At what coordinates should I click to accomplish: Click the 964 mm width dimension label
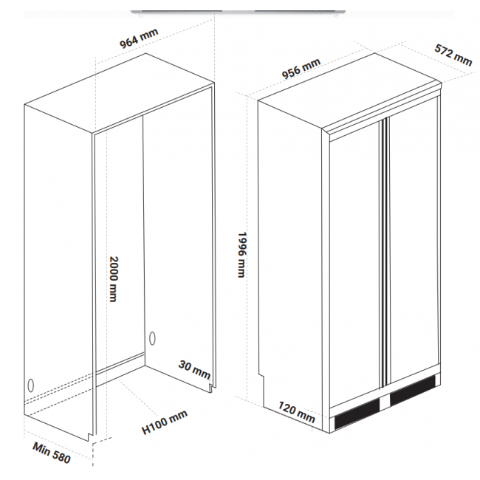(x=139, y=38)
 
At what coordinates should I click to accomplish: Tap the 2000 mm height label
(x=114, y=279)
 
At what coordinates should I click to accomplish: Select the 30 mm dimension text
(x=195, y=369)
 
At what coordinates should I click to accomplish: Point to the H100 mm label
(x=165, y=422)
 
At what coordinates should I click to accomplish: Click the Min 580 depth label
(x=52, y=453)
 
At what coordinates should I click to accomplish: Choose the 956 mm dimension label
(x=301, y=69)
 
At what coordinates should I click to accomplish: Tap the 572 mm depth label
(x=453, y=55)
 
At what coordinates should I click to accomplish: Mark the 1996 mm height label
(x=241, y=255)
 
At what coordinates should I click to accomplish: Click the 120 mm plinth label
(x=296, y=412)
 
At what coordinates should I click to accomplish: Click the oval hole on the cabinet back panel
(x=152, y=338)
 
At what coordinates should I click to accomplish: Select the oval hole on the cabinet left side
(x=30, y=385)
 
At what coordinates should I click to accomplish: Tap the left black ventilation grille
(x=357, y=414)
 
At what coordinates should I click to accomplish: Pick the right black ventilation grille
(x=413, y=390)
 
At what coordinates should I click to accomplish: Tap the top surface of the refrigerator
(x=349, y=91)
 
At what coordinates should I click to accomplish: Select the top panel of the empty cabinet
(x=120, y=93)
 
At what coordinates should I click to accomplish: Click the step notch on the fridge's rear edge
(x=261, y=374)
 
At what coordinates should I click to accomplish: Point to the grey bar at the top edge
(x=239, y=12)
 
